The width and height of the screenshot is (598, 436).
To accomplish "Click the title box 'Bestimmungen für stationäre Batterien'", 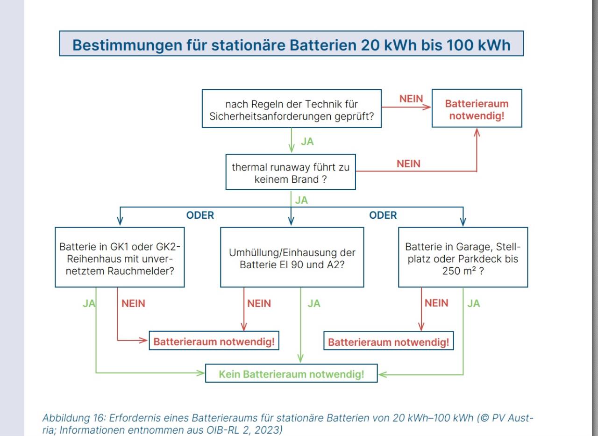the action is [x=291, y=43].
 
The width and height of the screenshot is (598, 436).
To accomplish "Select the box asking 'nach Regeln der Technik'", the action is [x=292, y=109].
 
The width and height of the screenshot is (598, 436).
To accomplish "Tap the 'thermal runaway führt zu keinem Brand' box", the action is [x=291, y=172].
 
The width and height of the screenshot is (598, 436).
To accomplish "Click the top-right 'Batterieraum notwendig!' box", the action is [x=477, y=108].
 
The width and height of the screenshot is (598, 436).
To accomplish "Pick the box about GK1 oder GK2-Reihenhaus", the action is [x=120, y=257].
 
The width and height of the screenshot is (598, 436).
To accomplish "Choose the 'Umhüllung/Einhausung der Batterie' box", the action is [x=292, y=257].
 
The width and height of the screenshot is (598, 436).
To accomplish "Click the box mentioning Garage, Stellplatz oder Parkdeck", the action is [x=463, y=257].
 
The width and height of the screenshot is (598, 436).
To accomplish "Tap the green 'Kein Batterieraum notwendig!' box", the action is [x=291, y=373].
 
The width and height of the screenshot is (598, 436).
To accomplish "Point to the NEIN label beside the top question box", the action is [x=411, y=99].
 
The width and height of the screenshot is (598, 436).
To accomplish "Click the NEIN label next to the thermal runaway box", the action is [x=408, y=164].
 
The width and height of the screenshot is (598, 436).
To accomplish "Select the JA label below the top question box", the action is [x=307, y=142].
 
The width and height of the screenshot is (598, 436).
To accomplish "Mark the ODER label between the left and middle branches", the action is [x=200, y=215].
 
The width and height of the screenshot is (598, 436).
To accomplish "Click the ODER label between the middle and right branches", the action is [x=383, y=215].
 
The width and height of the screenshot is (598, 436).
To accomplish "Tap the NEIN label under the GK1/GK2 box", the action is [x=133, y=303].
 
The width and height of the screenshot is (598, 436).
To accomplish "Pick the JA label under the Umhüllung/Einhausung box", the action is [x=314, y=304].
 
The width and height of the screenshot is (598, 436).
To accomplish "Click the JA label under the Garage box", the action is [x=474, y=303].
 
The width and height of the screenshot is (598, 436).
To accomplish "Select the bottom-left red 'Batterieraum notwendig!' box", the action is [x=214, y=341].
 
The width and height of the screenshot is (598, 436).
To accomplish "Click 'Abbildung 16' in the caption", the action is [x=74, y=418].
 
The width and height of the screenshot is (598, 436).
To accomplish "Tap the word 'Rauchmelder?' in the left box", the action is [x=141, y=271].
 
